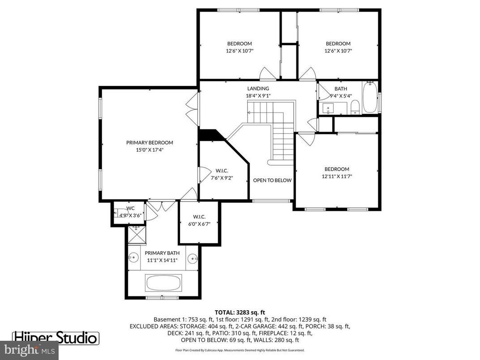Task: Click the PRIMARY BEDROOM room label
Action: coord(149,142)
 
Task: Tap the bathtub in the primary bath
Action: coord(163,283)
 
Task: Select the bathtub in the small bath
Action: coord(370,97)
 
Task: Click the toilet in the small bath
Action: coord(355,106)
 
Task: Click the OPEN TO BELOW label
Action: coord(272,180)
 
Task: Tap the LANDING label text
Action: coord(258,89)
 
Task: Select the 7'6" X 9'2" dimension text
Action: coord(222,178)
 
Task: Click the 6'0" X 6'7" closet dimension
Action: coord(199,223)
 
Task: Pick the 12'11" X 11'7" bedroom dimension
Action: coord(337,176)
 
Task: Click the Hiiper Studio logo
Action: coord(56,337)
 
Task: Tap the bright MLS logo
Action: coord(29,350)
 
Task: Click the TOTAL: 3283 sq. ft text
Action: coord(240,312)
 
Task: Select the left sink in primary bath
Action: coord(133,258)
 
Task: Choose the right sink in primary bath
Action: coord(193,258)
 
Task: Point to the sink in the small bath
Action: coord(329,108)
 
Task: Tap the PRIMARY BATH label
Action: coord(162,253)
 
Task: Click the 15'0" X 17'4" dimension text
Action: coord(149,150)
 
